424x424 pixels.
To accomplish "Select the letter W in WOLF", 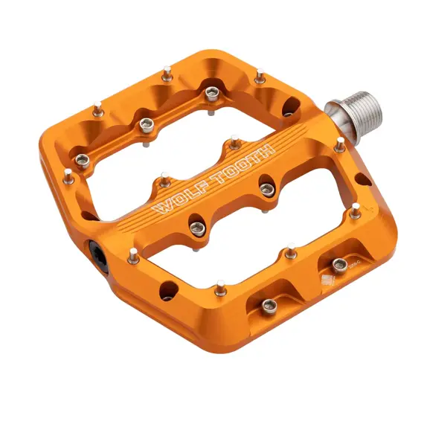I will point(158,209).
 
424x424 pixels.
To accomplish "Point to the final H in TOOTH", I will point(264,149).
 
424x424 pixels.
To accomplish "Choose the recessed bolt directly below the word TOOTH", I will point(265,187).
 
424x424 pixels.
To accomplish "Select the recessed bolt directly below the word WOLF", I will point(198,228).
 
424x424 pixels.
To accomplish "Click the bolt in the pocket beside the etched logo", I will point(340,264).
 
